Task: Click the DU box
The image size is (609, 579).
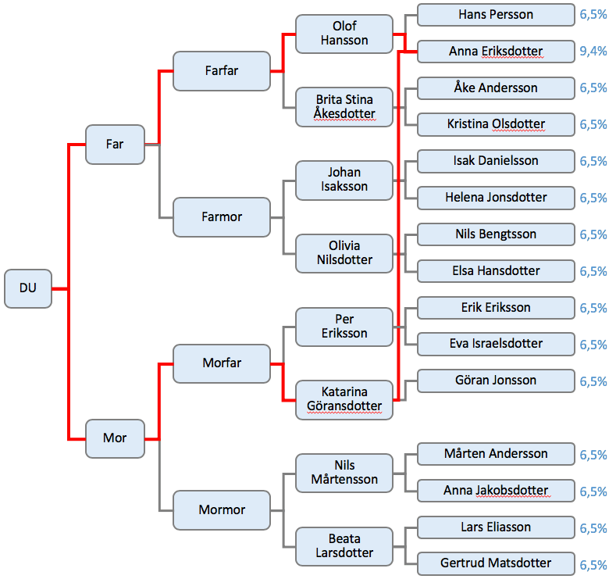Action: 28,288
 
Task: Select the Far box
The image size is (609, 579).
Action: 115,145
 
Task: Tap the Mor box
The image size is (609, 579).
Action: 115,438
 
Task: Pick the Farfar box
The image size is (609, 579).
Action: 222,71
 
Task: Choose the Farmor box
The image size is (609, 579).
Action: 222,217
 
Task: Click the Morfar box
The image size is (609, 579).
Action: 222,363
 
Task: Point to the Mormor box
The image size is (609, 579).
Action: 222,510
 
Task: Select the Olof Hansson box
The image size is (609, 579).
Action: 344,34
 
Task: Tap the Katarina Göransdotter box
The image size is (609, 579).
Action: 344,399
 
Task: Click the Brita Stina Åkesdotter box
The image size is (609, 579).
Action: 344,107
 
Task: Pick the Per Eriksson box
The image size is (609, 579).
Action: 344,326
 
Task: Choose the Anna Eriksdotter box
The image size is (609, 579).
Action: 496,52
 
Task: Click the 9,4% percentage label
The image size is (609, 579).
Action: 593,52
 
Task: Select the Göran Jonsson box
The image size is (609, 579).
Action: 496,381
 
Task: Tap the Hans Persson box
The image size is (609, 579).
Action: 496,15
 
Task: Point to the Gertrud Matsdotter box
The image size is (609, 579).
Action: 496,563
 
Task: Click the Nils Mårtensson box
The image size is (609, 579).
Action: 344,472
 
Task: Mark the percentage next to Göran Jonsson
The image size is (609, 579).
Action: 593,381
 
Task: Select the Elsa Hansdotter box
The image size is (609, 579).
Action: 496,271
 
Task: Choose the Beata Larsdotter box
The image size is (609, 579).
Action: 344,545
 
